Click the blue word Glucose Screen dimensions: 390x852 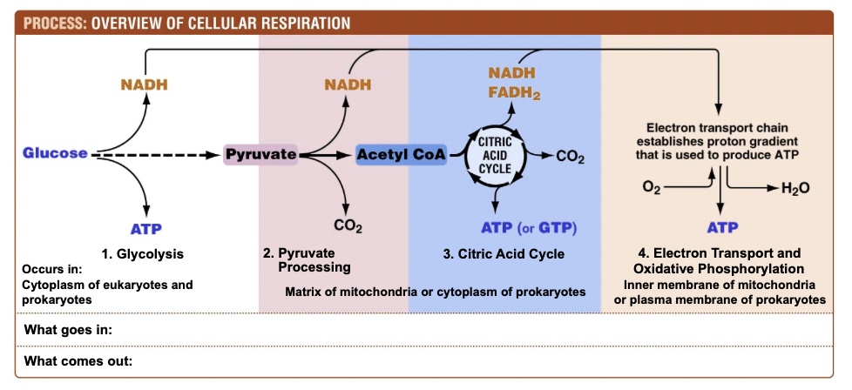coord(56,153)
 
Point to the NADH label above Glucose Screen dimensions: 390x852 coord(144,84)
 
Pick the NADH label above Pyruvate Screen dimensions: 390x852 coord(348,84)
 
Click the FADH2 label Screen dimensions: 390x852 coord(514,92)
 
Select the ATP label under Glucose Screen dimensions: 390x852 coord(147,229)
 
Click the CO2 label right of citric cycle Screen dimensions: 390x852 coord(570,158)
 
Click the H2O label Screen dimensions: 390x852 coord(795,189)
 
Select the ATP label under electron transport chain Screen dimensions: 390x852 coord(722,229)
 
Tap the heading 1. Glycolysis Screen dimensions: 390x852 coord(143,254)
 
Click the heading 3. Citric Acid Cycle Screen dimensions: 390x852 coord(504,254)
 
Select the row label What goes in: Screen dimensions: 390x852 coord(69,330)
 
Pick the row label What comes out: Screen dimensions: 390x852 coord(78,360)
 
